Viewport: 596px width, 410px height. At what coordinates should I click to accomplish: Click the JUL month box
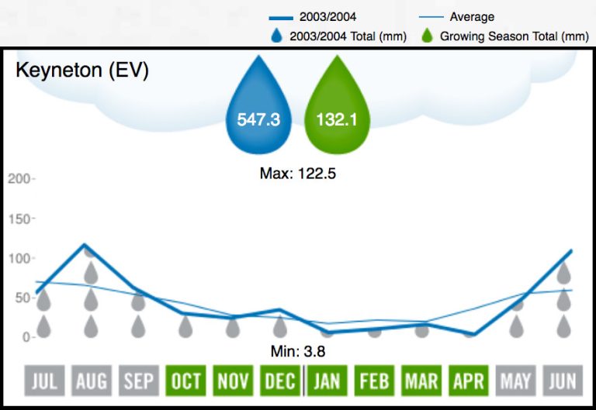(43, 381)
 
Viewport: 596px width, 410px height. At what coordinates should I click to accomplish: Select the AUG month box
(91, 381)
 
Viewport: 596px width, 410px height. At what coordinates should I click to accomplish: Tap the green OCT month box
(185, 381)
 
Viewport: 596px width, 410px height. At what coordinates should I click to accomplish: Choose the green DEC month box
(280, 381)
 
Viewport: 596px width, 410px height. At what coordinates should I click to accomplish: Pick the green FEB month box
(375, 381)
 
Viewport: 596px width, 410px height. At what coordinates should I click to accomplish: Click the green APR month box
(470, 381)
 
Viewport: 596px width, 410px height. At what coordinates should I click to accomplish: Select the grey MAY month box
(517, 381)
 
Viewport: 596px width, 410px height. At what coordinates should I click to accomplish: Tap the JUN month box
(564, 381)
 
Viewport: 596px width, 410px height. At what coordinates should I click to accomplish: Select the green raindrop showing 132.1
(338, 116)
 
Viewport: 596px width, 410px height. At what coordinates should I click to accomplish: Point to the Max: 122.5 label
(297, 174)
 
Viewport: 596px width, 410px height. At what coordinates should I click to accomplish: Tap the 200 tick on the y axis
(19, 179)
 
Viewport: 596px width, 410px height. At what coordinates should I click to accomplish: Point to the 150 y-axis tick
(19, 219)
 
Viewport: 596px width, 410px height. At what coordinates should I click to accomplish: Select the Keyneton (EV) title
(81, 70)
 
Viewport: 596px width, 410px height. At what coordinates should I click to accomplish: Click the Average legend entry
(471, 17)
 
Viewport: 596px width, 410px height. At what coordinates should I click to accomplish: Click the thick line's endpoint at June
(572, 250)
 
